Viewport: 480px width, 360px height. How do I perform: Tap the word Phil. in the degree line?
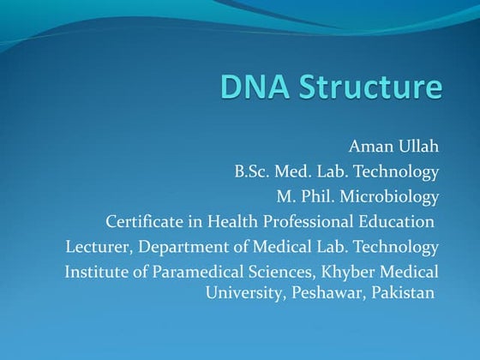point(318,196)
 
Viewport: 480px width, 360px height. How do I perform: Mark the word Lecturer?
point(97,248)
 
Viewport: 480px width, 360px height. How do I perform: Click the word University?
point(243,291)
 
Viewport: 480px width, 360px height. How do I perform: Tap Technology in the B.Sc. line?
point(398,171)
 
